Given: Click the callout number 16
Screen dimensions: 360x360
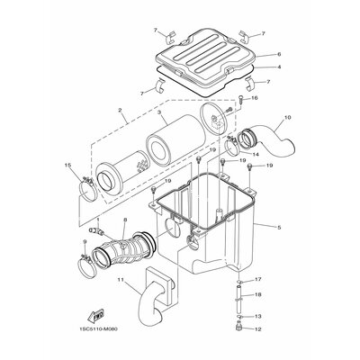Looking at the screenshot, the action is coord(255,98).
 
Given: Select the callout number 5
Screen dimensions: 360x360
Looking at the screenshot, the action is coord(279,228).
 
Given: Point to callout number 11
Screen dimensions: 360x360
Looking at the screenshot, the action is coord(121,280).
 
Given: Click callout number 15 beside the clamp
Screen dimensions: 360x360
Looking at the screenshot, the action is coord(68,165).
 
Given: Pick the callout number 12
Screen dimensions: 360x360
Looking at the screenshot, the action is coord(258,329).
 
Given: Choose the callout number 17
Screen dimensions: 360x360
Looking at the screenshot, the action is coord(258,280).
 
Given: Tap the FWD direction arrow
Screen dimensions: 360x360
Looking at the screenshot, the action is coord(95,316).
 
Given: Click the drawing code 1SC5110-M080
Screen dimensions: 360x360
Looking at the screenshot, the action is coord(99,329).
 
